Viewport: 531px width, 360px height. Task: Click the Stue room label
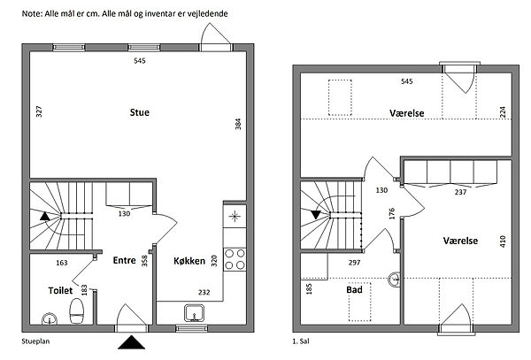pyautogui.click(x=140, y=112)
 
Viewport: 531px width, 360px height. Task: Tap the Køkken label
pyautogui.click(x=189, y=261)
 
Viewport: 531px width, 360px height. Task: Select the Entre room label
pyautogui.click(x=124, y=260)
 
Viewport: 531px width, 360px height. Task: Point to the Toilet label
pyautogui.click(x=60, y=290)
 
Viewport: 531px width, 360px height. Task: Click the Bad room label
pyautogui.click(x=354, y=289)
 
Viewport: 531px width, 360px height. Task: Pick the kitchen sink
pyautogui.click(x=195, y=312)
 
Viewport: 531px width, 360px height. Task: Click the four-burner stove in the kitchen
pyautogui.click(x=235, y=259)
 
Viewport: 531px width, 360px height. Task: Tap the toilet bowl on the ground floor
pyautogui.click(x=76, y=311)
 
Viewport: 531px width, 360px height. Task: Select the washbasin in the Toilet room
pyautogui.click(x=50, y=318)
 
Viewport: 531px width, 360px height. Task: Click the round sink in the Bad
pyautogui.click(x=394, y=280)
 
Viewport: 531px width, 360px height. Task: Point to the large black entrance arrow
pyautogui.click(x=131, y=342)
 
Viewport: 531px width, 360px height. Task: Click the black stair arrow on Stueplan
pyautogui.click(x=45, y=216)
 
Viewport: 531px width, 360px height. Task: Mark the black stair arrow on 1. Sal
pyautogui.click(x=316, y=215)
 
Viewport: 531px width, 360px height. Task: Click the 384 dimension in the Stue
pyautogui.click(x=238, y=124)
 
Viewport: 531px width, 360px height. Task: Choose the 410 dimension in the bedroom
pyautogui.click(x=503, y=241)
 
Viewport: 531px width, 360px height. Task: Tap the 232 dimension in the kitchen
pyautogui.click(x=204, y=292)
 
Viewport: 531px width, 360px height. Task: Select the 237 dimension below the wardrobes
pyautogui.click(x=460, y=192)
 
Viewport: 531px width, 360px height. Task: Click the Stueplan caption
pyautogui.click(x=35, y=341)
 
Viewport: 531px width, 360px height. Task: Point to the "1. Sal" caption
pyautogui.click(x=301, y=341)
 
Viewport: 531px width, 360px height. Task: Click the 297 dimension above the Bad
pyautogui.click(x=354, y=262)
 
